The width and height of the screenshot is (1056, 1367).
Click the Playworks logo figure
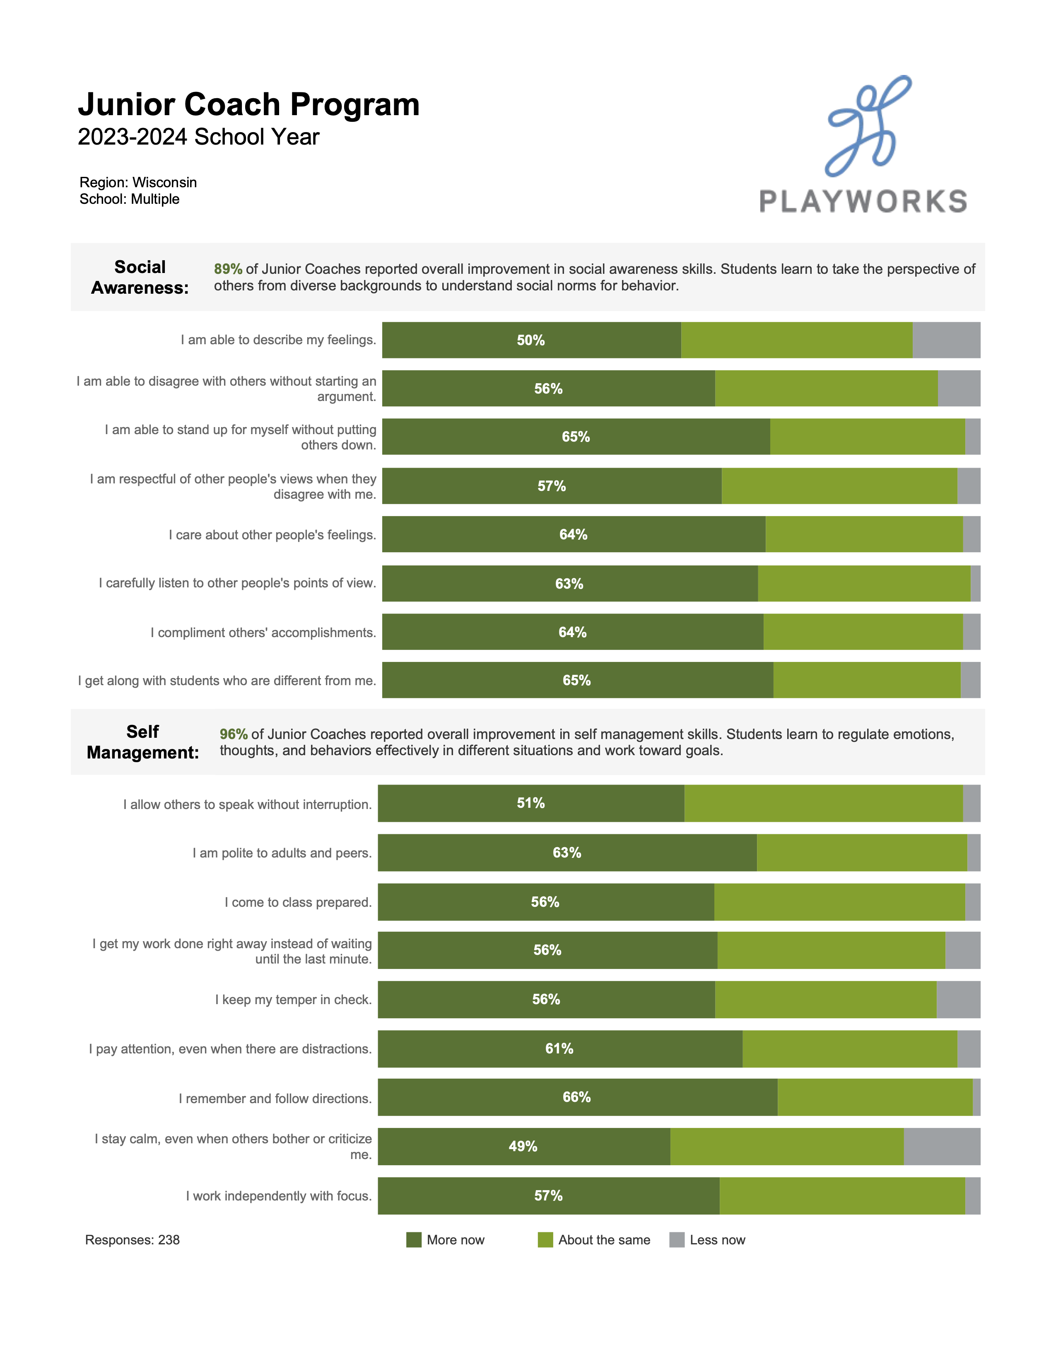coord(868,125)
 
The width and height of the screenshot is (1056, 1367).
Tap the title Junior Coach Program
coord(248,104)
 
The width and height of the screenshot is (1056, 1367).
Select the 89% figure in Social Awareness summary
coord(228,269)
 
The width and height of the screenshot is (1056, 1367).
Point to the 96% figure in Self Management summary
coord(233,734)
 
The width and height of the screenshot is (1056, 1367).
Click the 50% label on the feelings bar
coord(530,341)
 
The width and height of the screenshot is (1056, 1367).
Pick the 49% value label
coord(523,1146)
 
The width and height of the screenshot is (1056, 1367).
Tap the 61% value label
coord(559,1048)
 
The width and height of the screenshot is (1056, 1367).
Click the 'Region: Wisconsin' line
coord(138,182)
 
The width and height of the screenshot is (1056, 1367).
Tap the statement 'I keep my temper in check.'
coord(294,1000)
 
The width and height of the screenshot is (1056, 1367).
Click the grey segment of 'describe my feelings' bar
coord(946,341)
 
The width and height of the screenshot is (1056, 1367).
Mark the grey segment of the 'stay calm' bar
coord(942,1146)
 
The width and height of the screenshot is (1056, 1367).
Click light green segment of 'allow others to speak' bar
coord(823,803)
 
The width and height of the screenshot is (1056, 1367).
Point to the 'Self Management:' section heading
coord(142,742)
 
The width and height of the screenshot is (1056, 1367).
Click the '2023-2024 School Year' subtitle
coord(198,137)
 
